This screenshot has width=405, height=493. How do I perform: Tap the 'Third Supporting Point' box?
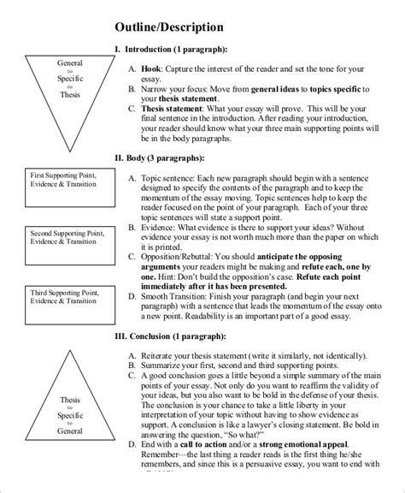coord(59,296)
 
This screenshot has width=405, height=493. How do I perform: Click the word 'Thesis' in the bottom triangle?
coord(70,400)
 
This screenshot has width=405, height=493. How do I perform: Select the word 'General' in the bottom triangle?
coord(70,431)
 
